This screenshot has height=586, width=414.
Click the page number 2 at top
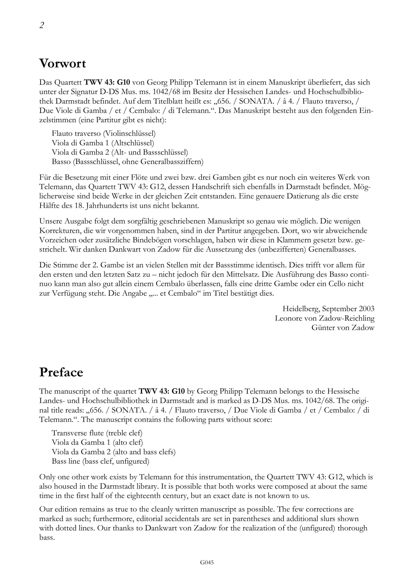pyautogui.click(x=42, y=25)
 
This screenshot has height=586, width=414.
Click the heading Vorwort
pyautogui.click(x=62, y=63)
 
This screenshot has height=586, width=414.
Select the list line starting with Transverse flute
pyautogui.click(x=97, y=433)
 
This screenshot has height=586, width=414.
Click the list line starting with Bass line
pyautogui.click(x=100, y=461)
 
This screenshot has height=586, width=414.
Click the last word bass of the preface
pyautogui.click(x=47, y=537)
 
